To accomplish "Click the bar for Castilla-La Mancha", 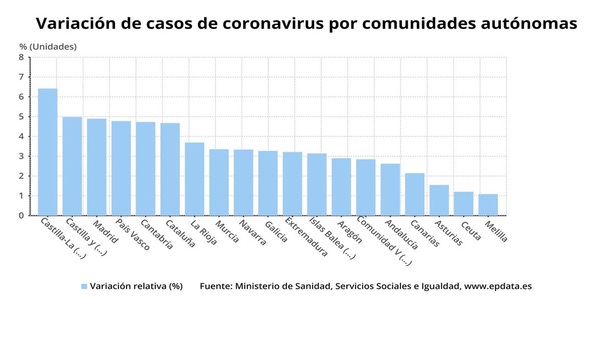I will (x=48, y=152).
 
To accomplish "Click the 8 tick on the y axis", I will (x=21, y=57).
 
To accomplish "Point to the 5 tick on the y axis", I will (x=21, y=116).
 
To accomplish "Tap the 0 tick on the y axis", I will (x=21, y=215).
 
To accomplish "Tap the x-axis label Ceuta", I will (x=470, y=230).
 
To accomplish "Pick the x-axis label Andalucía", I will (x=401, y=234).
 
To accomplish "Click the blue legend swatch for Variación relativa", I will (x=84, y=286).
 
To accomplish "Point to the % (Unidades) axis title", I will (x=48, y=46).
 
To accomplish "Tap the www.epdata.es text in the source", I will (x=498, y=286).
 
